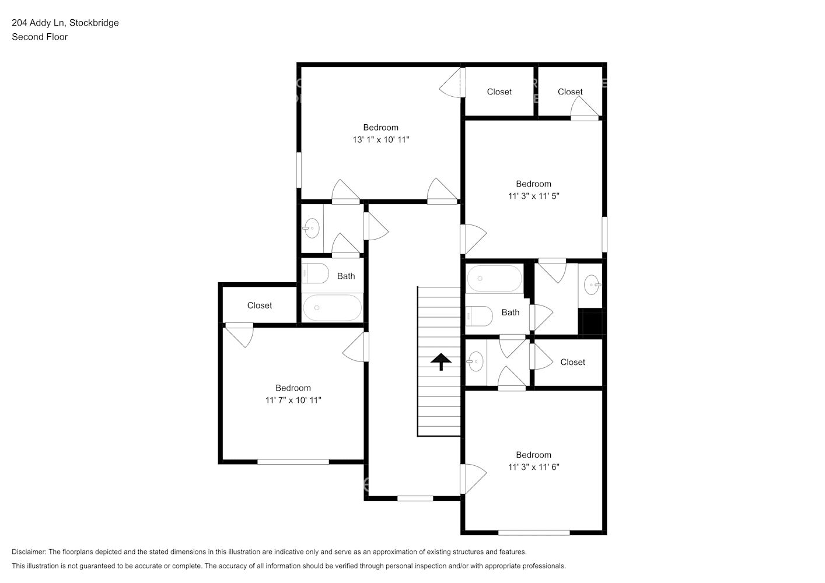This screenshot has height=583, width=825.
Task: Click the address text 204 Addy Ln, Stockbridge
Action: click(65, 23)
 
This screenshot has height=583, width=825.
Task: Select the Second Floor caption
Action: click(40, 37)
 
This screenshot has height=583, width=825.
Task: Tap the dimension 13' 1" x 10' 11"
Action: click(380, 140)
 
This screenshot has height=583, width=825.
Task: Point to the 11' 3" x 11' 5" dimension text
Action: click(533, 196)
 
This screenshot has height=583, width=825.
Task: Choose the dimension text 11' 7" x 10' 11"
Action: click(293, 401)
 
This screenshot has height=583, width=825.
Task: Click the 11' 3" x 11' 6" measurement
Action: click(533, 467)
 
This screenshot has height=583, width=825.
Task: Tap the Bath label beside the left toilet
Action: click(346, 276)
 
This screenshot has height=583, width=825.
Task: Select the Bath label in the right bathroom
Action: click(510, 312)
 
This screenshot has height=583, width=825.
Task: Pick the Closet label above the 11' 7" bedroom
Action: click(260, 305)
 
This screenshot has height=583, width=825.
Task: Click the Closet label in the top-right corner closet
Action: click(570, 92)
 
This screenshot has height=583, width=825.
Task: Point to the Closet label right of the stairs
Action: click(572, 362)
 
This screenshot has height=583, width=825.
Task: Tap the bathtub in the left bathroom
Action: click(332, 307)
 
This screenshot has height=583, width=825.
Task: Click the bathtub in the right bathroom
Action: click(495, 279)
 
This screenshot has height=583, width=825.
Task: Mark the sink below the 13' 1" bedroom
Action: click(312, 228)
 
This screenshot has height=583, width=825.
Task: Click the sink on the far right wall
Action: click(592, 285)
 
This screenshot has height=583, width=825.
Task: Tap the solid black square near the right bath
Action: click(591, 323)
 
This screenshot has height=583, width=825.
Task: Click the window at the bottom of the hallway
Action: click(415, 498)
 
